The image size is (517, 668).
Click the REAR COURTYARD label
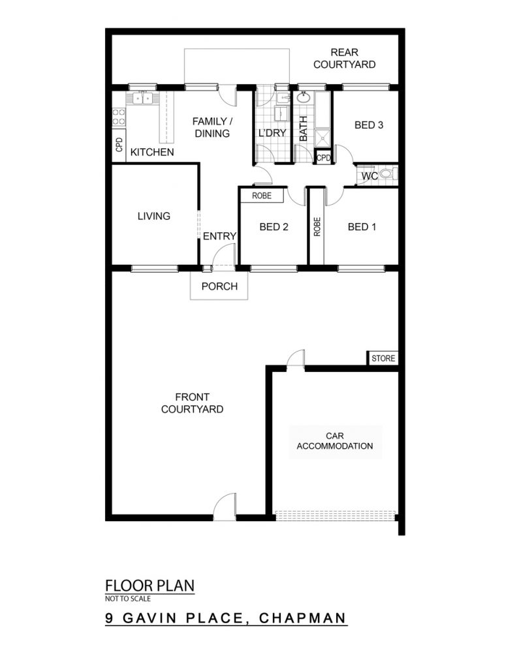point(345,58)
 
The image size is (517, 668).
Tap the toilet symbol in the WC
point(388,174)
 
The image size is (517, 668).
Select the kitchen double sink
point(142,99)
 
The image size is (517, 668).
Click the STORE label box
point(383,358)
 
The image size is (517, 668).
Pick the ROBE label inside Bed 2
point(262,196)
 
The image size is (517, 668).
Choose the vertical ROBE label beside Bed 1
point(317,226)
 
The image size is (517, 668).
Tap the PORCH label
point(219,286)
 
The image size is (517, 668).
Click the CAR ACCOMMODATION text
point(335,441)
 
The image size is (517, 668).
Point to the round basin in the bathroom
point(303,98)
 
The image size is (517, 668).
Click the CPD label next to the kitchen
point(119,144)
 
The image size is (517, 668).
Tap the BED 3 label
point(369,125)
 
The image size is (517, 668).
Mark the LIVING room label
point(154,216)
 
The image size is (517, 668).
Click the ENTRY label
point(219,236)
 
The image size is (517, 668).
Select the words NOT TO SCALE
point(128,599)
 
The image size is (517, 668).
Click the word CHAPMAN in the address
point(303,618)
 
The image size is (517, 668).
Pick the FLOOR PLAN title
point(149,586)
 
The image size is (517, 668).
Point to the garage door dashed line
point(335,515)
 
